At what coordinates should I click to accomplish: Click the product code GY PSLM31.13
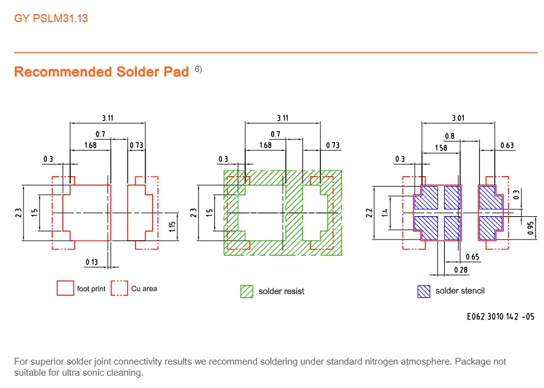point(51,18)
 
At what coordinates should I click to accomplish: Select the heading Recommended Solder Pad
point(101,72)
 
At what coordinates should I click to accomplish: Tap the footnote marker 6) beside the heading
point(198,70)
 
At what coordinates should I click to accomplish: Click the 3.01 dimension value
point(458,118)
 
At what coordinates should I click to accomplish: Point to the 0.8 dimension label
point(450,136)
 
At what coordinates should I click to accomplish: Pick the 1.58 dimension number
point(441,148)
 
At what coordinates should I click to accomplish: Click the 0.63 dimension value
point(507,145)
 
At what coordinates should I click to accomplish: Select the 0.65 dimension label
point(473,257)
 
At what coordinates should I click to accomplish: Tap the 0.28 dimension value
point(461,270)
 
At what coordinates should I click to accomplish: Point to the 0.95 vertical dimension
point(530,228)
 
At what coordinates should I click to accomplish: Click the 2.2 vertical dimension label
point(369,213)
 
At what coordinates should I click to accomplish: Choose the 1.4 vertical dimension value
point(385,213)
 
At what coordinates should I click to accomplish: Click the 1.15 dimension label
point(172,227)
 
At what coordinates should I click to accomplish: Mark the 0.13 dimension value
point(92,262)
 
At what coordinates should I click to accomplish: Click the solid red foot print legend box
point(65,288)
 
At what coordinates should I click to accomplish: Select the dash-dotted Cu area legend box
point(120,288)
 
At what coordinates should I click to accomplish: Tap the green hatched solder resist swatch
point(246,291)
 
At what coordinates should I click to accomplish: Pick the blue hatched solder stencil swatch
point(424,291)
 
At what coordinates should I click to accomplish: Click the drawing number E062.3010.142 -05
point(500,317)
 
